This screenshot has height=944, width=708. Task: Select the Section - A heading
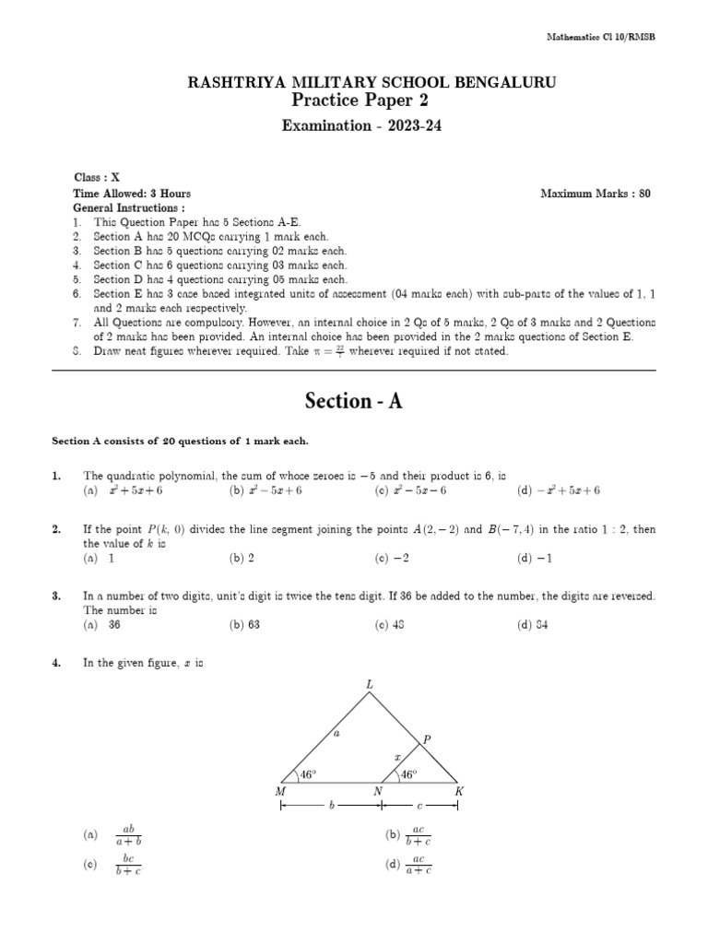pos(354,402)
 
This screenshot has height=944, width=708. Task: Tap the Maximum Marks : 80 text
pos(596,195)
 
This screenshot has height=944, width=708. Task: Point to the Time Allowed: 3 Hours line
pos(132,195)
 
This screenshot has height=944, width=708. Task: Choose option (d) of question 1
pos(559,491)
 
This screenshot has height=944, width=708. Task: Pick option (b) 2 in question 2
pos(242,559)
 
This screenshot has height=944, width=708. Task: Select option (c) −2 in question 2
pos(391,559)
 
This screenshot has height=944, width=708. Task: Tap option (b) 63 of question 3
pos(243,625)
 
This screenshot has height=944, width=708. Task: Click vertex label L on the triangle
pos(371,685)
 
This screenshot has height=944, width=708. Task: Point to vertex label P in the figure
pos(426,738)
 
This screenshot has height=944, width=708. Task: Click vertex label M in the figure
pos(280,792)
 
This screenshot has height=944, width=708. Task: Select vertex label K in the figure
pos(458,792)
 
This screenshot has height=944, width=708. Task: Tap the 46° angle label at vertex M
pos(306,775)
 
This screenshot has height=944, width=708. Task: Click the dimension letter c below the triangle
pos(419,806)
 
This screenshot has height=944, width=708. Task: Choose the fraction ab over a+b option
pos(128,834)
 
